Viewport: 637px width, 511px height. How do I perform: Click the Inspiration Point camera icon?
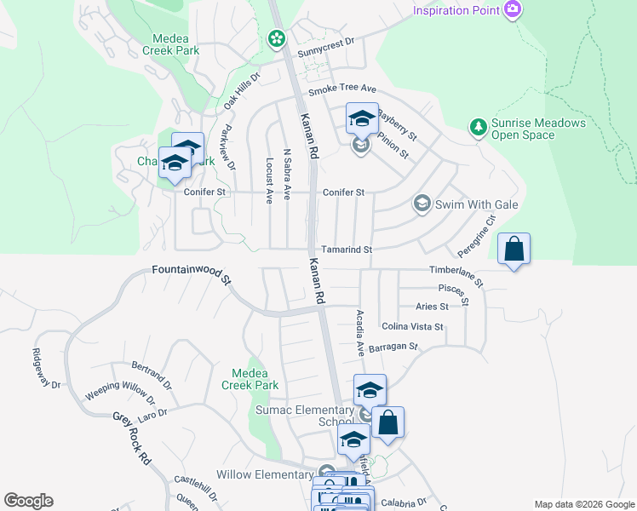[x=513, y=10]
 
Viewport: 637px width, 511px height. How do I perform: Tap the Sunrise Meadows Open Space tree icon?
[x=478, y=128]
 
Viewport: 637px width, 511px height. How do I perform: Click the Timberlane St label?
[x=456, y=275]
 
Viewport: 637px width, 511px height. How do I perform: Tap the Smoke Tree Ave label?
[x=341, y=89]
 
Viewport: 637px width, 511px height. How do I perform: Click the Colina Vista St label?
[x=412, y=326]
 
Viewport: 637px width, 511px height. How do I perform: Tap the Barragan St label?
[x=394, y=347]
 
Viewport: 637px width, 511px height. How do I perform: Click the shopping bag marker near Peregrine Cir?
[x=514, y=249]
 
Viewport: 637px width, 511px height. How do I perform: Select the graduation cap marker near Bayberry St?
[x=362, y=118]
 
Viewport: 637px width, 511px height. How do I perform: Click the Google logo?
[x=28, y=501]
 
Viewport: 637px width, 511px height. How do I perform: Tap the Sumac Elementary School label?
[x=305, y=416]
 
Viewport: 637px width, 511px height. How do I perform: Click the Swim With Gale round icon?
[x=422, y=204]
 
